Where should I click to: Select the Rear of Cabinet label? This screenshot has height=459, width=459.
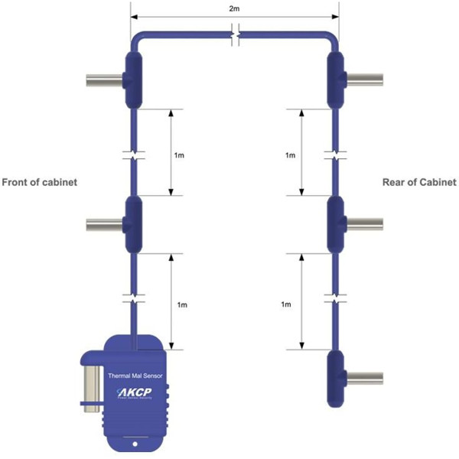click(x=419, y=183)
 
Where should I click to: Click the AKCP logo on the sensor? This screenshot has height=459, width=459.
click(x=137, y=393)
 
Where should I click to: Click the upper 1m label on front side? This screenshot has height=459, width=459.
click(x=179, y=155)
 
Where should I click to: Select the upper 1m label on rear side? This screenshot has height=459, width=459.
click(x=290, y=155)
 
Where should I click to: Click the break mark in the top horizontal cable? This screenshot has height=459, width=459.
click(x=237, y=34)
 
